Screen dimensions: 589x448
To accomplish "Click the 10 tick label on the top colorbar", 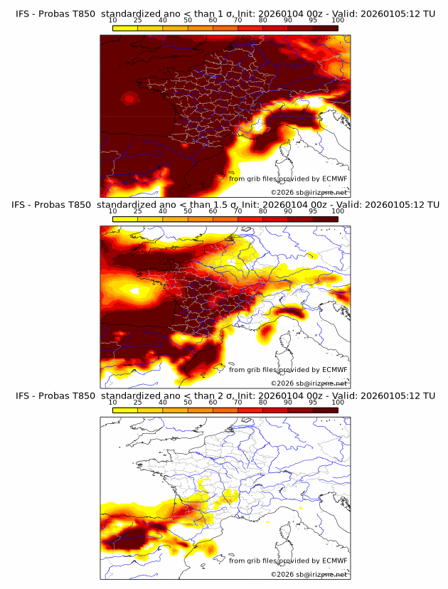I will pos(113,21).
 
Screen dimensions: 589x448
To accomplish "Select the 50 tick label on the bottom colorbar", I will pos(188,403).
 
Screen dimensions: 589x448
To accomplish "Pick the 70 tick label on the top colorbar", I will pos(238,21).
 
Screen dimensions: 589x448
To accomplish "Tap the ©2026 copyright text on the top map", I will pos(282,192).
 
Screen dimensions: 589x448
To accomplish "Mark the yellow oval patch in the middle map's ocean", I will pos(133,291).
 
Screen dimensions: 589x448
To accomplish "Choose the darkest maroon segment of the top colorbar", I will pos(325,28).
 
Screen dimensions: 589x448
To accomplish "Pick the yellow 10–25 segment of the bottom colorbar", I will pos(125,410).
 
